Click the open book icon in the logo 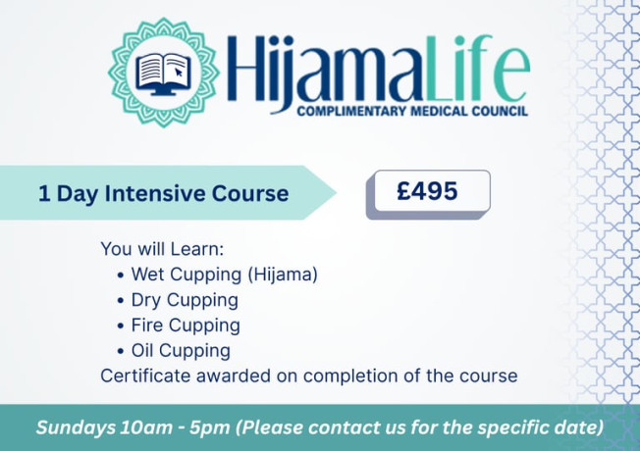[163, 71]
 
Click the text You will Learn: [162, 249]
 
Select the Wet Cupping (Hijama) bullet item [224, 275]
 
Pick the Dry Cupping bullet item [185, 300]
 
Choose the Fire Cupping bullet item [186, 325]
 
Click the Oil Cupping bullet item [181, 350]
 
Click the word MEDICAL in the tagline [426, 111]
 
